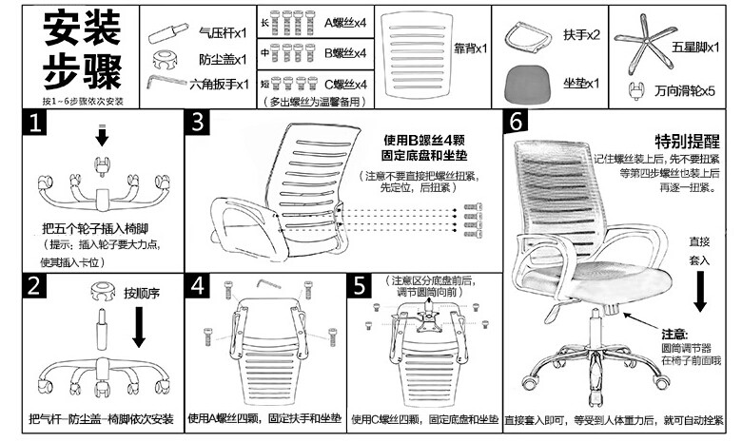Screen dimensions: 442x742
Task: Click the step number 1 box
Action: [37, 123]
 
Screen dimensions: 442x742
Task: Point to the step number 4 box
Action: [199, 286]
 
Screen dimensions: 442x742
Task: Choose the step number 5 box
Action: [361, 286]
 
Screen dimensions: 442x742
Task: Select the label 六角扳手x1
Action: [219, 85]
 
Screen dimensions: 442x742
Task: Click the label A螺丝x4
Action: [345, 21]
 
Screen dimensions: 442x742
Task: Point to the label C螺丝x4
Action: [345, 84]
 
